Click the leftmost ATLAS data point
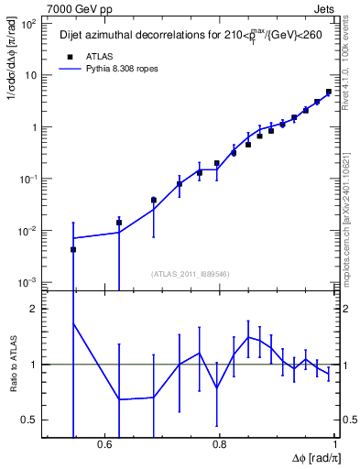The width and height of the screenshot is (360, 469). point(73,249)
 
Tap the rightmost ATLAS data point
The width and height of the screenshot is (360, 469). point(329,92)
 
